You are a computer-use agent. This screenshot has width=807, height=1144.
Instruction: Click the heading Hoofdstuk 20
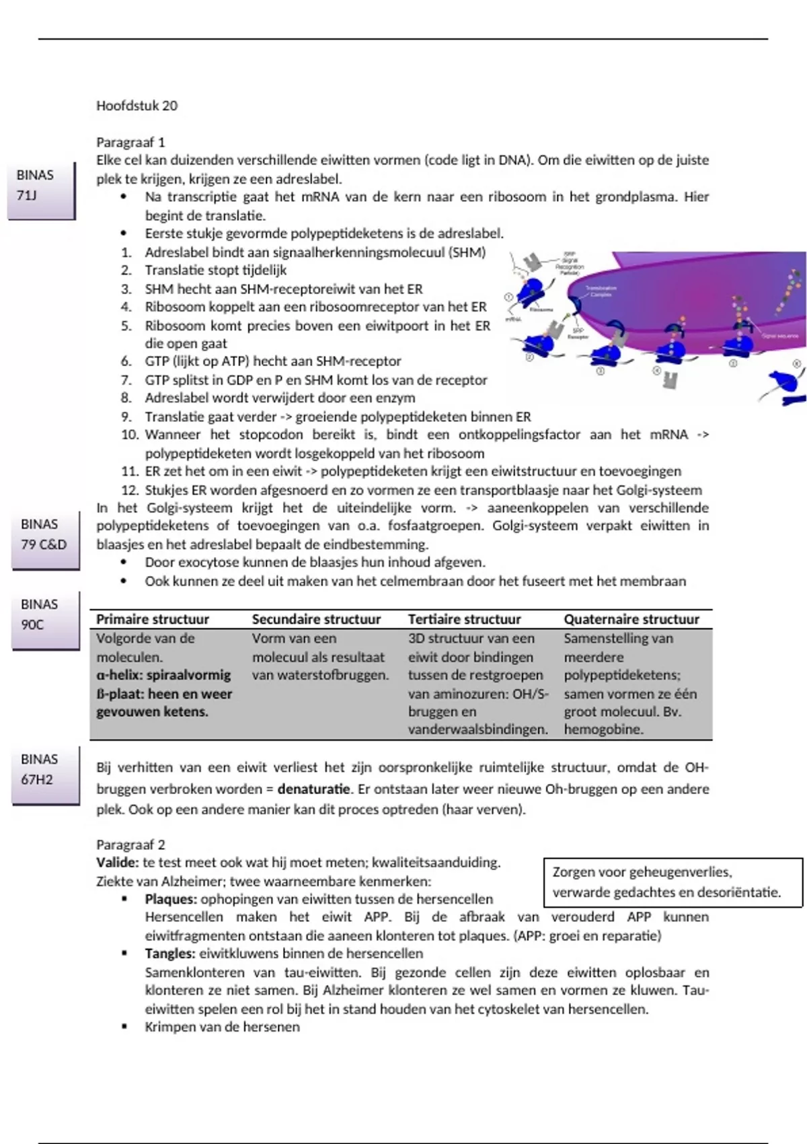point(137,106)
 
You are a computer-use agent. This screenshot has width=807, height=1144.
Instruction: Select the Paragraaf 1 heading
point(130,143)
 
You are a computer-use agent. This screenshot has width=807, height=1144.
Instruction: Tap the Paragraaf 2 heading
point(130,845)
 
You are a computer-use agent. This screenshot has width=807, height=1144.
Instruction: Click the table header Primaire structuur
point(153,619)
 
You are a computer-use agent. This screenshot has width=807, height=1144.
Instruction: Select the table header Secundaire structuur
point(316,619)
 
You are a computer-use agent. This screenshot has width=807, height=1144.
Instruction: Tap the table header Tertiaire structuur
point(464,619)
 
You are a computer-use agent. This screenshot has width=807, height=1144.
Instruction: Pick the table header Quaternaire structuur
point(631,619)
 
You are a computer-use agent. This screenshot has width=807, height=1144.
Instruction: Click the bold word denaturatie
point(313,789)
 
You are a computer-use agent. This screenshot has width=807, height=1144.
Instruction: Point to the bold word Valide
point(117,863)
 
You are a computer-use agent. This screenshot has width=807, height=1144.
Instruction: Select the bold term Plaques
point(170,899)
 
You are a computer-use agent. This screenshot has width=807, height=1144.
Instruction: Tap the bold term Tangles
point(169,954)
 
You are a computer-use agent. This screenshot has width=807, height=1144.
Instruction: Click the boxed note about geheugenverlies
point(672,882)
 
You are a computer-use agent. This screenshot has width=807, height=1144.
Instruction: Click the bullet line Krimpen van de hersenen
point(222,1027)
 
